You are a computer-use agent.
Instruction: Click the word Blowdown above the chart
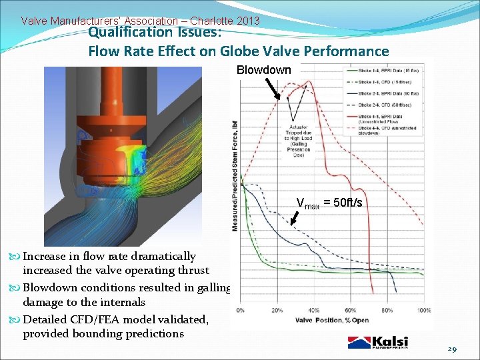(x=264, y=71)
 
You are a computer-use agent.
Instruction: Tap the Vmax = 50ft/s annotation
(x=329, y=203)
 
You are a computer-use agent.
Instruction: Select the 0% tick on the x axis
(x=241, y=310)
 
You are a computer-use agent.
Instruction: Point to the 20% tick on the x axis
(x=277, y=310)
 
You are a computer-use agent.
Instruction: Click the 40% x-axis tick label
(x=313, y=310)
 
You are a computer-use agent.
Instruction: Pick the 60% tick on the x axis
(x=351, y=310)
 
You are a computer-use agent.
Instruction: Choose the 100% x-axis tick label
(x=423, y=310)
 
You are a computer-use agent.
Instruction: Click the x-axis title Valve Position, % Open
(x=332, y=321)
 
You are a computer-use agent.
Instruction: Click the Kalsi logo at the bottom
(x=378, y=342)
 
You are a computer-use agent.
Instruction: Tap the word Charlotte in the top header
(x=217, y=21)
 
